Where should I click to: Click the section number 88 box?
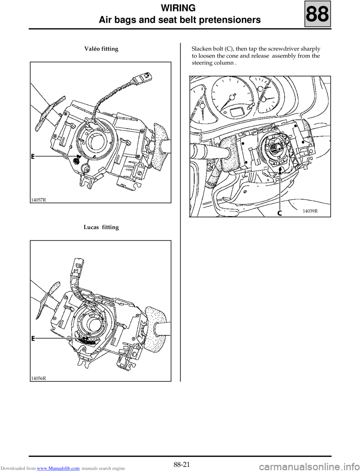318,14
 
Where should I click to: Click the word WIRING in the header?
178,8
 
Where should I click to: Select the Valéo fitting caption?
101,49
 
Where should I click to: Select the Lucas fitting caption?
101,227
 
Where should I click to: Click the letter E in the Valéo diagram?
33,157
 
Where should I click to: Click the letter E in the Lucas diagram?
33,339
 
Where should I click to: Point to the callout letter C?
279,213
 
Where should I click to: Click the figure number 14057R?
39,200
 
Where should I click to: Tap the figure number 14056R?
39,378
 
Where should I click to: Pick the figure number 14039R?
310,211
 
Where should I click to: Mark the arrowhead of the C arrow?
280,172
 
